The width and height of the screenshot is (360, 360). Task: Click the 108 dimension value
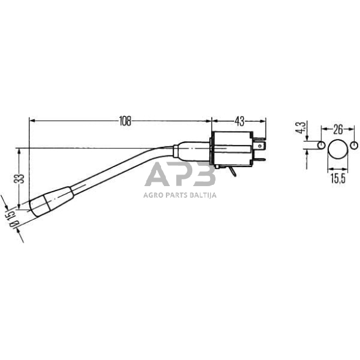click(125, 121)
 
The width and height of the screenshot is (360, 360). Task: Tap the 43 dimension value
click(239, 121)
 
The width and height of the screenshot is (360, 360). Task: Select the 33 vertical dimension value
click(19, 179)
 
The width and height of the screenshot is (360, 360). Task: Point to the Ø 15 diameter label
click(9, 219)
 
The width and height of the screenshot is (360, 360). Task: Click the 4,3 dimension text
click(299, 129)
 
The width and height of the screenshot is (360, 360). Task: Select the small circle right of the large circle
click(353, 145)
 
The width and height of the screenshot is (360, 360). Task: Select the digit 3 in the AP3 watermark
click(204, 175)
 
